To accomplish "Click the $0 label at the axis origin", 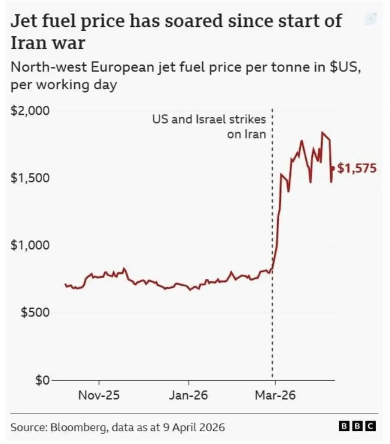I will tap(41, 380).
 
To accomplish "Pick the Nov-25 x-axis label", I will tap(99, 395).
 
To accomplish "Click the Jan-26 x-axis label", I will tap(188, 395).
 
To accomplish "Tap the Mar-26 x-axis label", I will tap(275, 395).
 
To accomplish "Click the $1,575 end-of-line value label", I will tap(356, 168).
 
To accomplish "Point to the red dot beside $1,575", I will tap(333, 167).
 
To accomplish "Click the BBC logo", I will tap(357, 426).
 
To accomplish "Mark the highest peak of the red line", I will tap(323, 132).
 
